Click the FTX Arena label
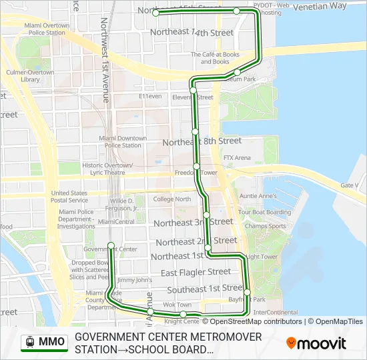click(x=237, y=158)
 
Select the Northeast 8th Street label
click(x=202, y=141)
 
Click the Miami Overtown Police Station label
click(x=46, y=29)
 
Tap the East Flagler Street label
click(x=196, y=272)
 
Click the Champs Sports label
click(x=265, y=226)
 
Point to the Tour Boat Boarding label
click(x=265, y=212)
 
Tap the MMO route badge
click(x=45, y=342)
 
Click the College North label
click(x=172, y=199)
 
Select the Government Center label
click(x=110, y=249)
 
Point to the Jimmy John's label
click(x=135, y=280)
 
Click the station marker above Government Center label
click(x=111, y=245)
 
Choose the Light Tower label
click(x=262, y=257)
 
